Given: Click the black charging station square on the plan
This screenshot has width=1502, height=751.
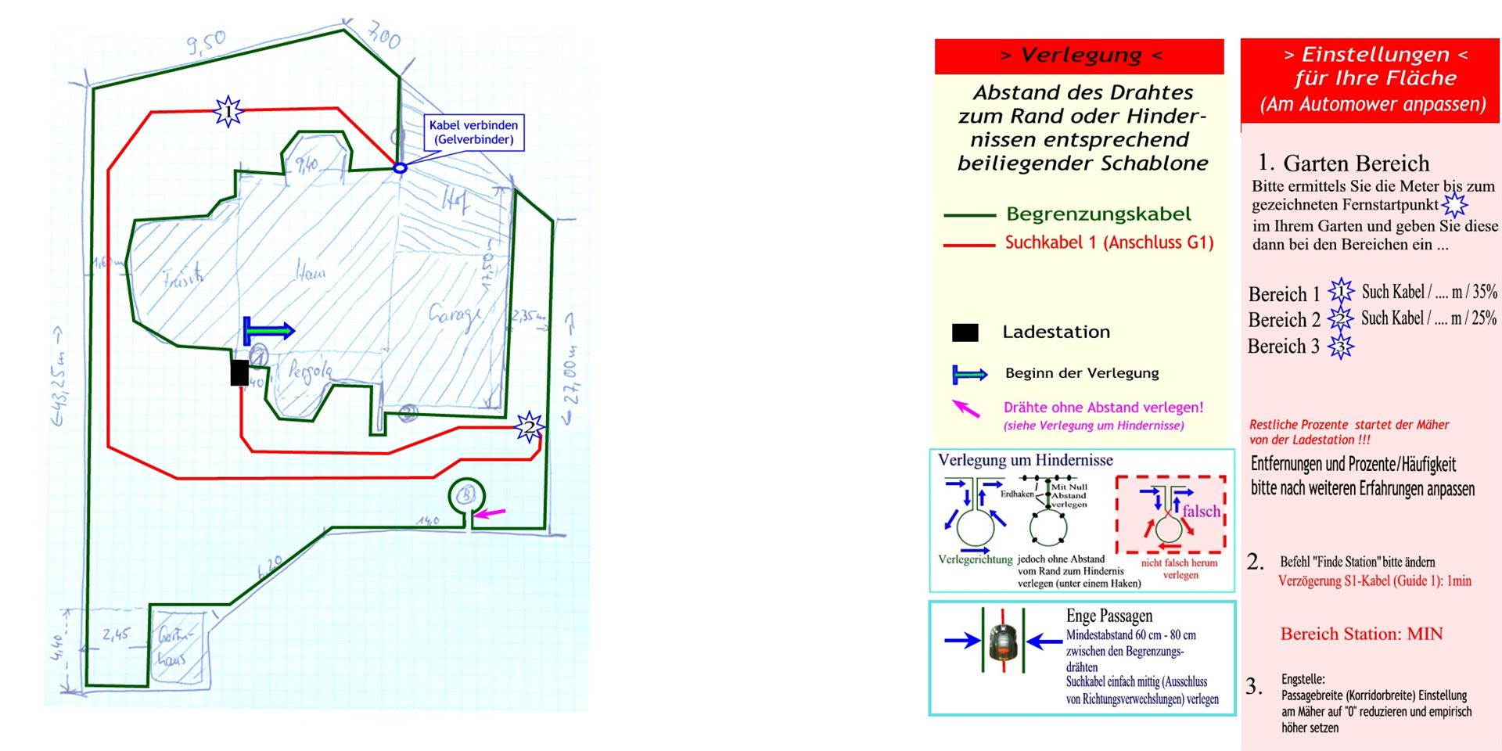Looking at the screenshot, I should pos(239,372).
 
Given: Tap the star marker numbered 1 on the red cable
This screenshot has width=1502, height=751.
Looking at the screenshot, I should pos(228,112).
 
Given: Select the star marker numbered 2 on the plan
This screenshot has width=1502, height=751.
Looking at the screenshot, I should pos(530,427).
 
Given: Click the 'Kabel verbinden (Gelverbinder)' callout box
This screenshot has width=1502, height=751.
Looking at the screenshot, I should pos(474,132).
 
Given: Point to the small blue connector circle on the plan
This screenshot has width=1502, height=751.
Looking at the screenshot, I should pos(400,167).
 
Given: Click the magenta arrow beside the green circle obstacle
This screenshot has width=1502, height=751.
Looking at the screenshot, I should pos(490,513).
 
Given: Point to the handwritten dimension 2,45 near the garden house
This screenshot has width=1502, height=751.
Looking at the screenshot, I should pos(116,634).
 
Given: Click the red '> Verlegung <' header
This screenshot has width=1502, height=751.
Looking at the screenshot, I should pos(1079,56).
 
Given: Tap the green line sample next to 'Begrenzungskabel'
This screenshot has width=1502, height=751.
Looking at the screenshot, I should pos(968,214).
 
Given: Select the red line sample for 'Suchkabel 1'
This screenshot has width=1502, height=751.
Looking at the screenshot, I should pos(968,246).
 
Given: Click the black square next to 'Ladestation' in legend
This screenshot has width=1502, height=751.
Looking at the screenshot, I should pos(965,332).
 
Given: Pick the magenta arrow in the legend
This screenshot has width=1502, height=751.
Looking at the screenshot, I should pos(966,408).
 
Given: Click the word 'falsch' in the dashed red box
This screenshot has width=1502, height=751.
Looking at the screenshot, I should pos(1201,511).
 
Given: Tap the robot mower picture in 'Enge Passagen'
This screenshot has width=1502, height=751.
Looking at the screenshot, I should pos(1003,641).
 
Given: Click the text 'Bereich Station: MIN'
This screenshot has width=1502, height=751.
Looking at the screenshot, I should pos(1361,634).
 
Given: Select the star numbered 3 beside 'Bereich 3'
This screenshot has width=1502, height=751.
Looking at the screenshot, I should pos(1341,347).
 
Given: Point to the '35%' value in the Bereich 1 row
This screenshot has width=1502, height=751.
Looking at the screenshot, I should pos(1484,292).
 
